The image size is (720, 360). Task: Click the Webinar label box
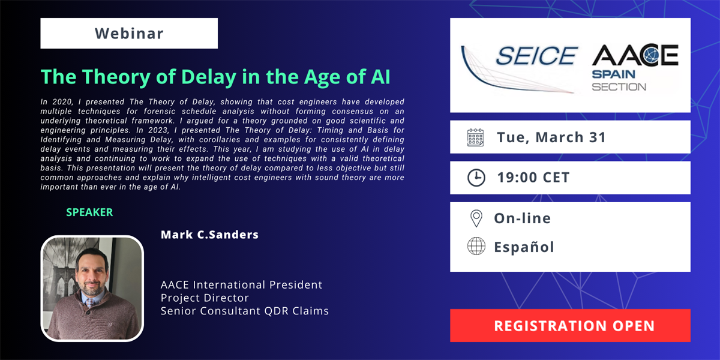click(129, 34)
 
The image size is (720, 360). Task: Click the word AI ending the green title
click(380, 77)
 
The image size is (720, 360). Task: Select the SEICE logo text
click(536, 56)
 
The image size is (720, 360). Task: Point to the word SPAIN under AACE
click(614, 74)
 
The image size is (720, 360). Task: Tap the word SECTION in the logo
click(619, 87)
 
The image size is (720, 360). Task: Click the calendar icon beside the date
click(475, 137)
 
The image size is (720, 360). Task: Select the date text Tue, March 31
click(551, 137)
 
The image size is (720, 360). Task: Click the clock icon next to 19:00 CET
click(476, 178)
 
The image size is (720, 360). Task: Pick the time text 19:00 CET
click(533, 178)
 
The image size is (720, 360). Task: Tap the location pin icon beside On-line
click(476, 218)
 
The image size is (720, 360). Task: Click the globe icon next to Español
click(476, 246)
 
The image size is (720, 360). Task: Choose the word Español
click(524, 247)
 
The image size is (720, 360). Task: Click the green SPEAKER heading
click(89, 212)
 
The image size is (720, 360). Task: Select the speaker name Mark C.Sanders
click(209, 235)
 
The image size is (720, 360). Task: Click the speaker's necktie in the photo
click(91, 303)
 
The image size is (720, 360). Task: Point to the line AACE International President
click(241, 285)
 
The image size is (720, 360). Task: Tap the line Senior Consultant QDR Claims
click(245, 311)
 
